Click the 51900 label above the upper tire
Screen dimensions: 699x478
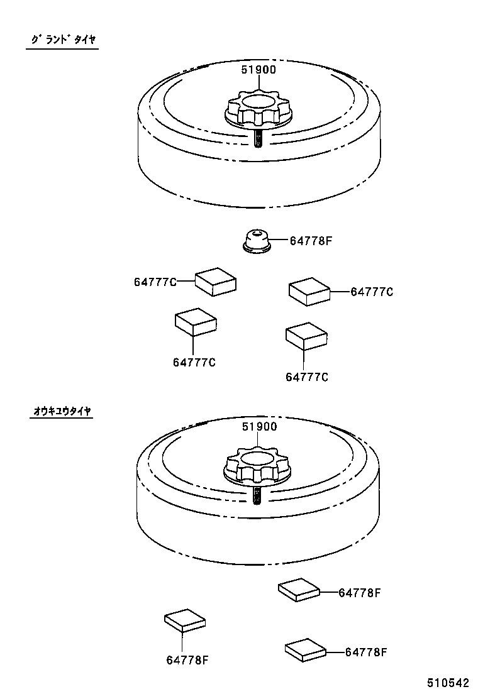click(258, 70)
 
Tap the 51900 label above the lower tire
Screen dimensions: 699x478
click(259, 426)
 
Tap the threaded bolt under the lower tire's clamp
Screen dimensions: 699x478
click(257, 495)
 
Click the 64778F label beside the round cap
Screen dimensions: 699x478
click(310, 240)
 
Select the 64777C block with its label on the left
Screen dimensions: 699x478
click(216, 281)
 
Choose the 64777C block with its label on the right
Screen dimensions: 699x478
click(309, 292)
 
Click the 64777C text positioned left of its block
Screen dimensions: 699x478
click(155, 282)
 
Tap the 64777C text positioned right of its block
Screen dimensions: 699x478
click(372, 292)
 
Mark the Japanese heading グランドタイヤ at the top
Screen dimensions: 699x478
click(62, 40)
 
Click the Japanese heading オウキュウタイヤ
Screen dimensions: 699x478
click(62, 411)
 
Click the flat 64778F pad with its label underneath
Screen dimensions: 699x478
click(184, 620)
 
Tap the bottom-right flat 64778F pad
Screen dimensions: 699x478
click(306, 649)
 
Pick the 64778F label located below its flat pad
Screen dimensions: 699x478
click(187, 660)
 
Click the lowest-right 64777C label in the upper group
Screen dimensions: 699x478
click(307, 377)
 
